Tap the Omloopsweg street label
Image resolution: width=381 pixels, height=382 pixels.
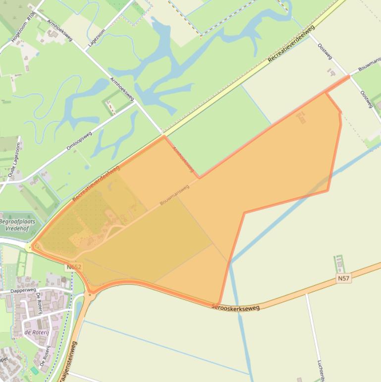[x=79, y=141]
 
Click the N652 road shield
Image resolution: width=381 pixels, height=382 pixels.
[x=73, y=267]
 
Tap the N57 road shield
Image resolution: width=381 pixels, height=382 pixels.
[x=343, y=278]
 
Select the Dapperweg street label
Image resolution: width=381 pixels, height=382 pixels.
[x=23, y=290]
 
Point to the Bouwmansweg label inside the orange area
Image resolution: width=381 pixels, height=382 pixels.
[x=174, y=195]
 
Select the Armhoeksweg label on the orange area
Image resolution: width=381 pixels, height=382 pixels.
[x=183, y=159]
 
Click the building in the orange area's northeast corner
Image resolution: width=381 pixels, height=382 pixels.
[x=301, y=118]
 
